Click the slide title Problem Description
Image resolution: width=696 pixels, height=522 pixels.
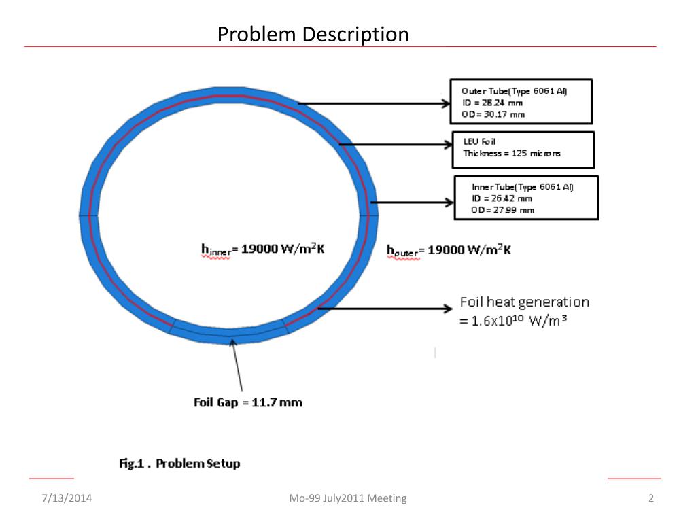click(313, 33)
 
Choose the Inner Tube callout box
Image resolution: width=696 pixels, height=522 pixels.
click(526, 198)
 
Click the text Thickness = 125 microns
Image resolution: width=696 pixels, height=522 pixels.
click(507, 154)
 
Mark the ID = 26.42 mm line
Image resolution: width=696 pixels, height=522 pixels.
click(502, 198)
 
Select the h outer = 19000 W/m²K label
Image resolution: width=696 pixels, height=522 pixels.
click(449, 251)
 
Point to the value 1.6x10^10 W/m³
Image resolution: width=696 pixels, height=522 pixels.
click(514, 319)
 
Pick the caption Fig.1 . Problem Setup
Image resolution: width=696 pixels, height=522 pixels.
click(175, 464)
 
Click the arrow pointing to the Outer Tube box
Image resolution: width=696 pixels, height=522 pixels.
click(374, 105)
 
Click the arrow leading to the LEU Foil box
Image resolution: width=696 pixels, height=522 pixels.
click(394, 144)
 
